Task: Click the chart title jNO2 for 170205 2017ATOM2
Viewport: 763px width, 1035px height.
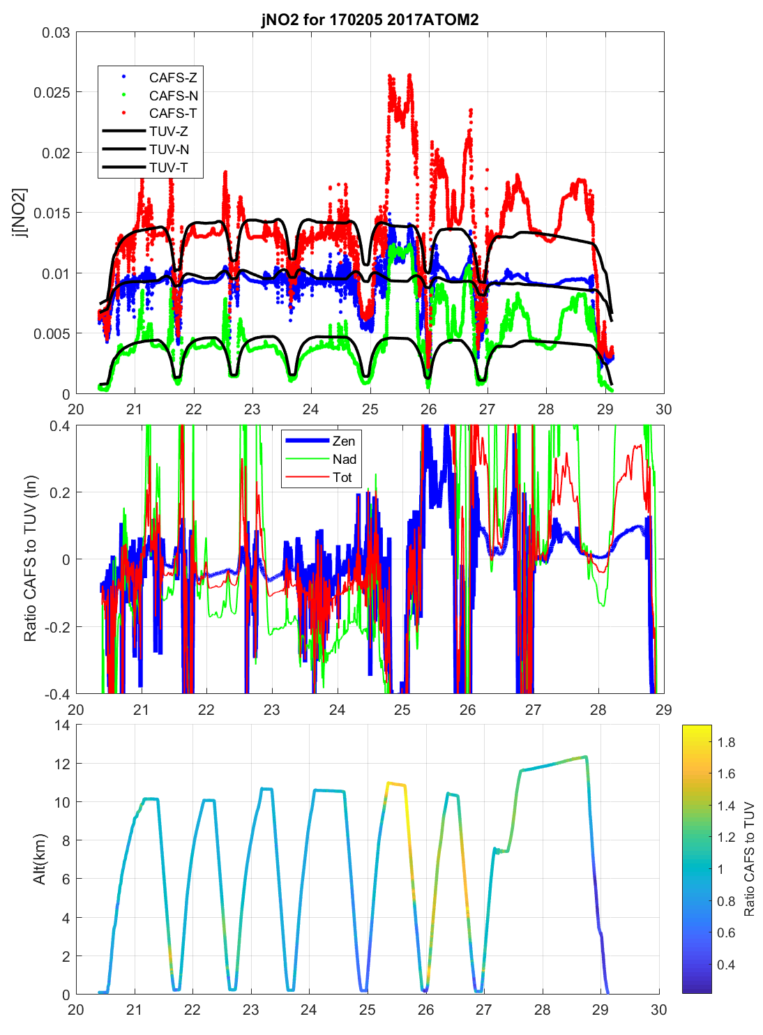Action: (x=370, y=19)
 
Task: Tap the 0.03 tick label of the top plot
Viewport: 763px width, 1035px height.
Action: (x=56, y=33)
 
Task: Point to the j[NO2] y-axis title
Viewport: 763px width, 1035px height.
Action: (x=20, y=213)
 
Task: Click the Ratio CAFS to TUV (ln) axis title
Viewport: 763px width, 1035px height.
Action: (x=30, y=559)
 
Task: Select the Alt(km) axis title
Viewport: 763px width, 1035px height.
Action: (x=40, y=859)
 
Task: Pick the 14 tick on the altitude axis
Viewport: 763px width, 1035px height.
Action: (x=62, y=725)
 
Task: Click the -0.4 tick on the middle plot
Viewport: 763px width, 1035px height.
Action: (x=56, y=695)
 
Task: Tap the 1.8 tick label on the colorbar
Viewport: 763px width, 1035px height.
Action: (x=726, y=742)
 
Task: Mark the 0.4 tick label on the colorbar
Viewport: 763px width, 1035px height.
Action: (x=726, y=965)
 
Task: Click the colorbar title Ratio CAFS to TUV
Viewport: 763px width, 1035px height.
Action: (x=750, y=859)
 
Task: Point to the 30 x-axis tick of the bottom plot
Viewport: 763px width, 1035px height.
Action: (x=658, y=1009)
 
